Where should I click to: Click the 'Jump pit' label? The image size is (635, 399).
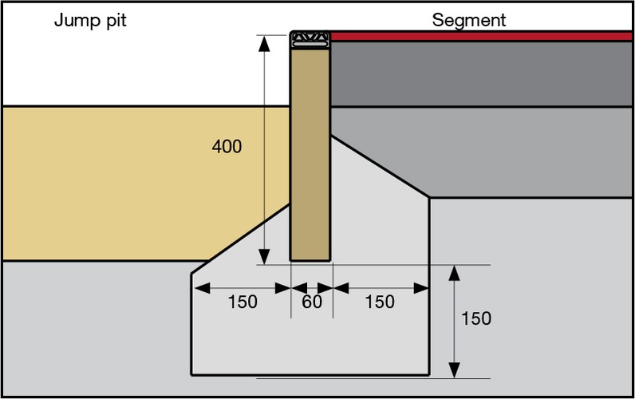90,21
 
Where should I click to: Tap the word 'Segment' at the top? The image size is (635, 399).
468,21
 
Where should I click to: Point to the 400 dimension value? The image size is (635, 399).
227,147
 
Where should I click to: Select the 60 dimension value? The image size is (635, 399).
312,302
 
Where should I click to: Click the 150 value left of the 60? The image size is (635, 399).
243,302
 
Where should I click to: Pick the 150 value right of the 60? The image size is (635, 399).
380,302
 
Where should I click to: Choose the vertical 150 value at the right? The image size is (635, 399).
476,318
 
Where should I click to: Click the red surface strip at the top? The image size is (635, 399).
479,36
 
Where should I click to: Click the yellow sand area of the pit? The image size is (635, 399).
120,184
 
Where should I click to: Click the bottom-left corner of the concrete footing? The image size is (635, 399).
191,374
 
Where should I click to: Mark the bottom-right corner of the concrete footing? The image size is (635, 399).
430,374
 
